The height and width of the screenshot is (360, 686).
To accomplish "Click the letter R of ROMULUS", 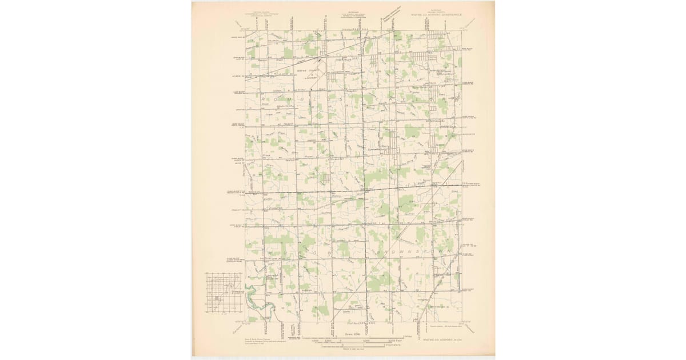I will pos(264,98).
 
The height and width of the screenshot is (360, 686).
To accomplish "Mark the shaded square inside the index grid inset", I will pos(217,298).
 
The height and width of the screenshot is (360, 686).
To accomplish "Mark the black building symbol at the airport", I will pos(320,59).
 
